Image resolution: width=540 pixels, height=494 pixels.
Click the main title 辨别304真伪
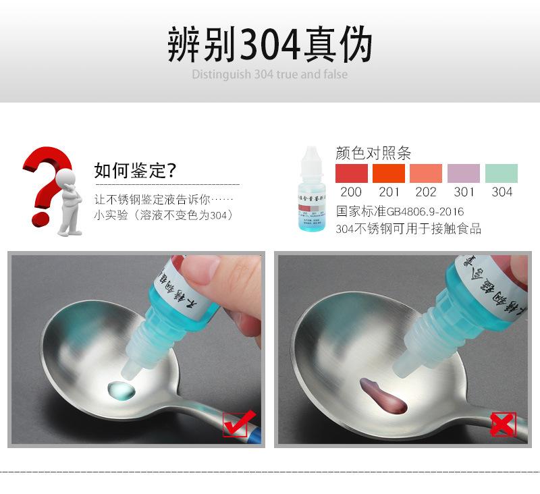click(x=269, y=45)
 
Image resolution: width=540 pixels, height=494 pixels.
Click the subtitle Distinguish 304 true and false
click(x=269, y=74)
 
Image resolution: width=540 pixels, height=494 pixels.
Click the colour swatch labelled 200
click(x=352, y=173)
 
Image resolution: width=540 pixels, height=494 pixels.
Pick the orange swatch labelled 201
click(x=389, y=173)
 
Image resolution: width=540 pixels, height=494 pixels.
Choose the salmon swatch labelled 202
click(x=426, y=173)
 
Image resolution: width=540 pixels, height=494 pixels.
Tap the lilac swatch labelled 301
click(x=464, y=173)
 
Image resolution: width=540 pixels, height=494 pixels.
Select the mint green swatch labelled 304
click(x=502, y=173)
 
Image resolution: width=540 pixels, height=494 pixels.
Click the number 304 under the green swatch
click(x=502, y=192)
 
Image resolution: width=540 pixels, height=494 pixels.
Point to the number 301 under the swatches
click(x=464, y=192)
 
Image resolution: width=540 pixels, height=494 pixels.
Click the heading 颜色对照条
click(x=373, y=153)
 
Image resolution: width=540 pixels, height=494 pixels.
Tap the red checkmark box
click(x=239, y=424)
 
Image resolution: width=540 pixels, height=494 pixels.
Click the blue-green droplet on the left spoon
click(x=119, y=389)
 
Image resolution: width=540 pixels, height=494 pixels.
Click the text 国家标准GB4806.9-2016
click(x=400, y=211)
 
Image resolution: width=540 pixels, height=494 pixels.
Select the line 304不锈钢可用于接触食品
click(x=408, y=229)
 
